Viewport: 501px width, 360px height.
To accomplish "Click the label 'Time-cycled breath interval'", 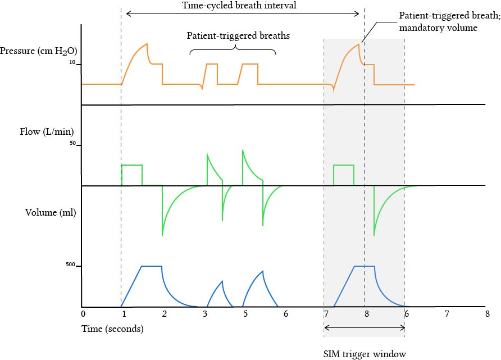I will (x=239, y=6).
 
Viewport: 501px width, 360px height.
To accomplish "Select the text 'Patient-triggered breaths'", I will (x=239, y=35).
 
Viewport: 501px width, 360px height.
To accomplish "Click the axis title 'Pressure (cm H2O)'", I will (x=38, y=52).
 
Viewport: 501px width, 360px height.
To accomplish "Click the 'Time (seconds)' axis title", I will (x=112, y=329).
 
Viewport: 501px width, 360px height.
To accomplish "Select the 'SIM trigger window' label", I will (x=365, y=354).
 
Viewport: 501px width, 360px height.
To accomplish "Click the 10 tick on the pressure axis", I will (x=72, y=63).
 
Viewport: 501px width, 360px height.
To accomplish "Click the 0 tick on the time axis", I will (x=83, y=313).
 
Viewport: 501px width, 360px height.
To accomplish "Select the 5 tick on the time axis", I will (x=245, y=313).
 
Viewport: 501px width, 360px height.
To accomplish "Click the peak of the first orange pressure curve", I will (x=147, y=44).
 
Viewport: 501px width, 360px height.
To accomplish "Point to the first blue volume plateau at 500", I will (x=152, y=266).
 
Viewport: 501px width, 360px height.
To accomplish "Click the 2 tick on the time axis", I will (x=164, y=313).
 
